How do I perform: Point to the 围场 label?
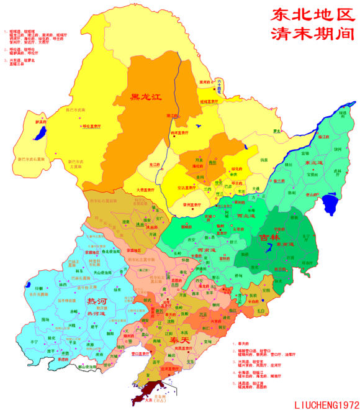click(45, 319)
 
